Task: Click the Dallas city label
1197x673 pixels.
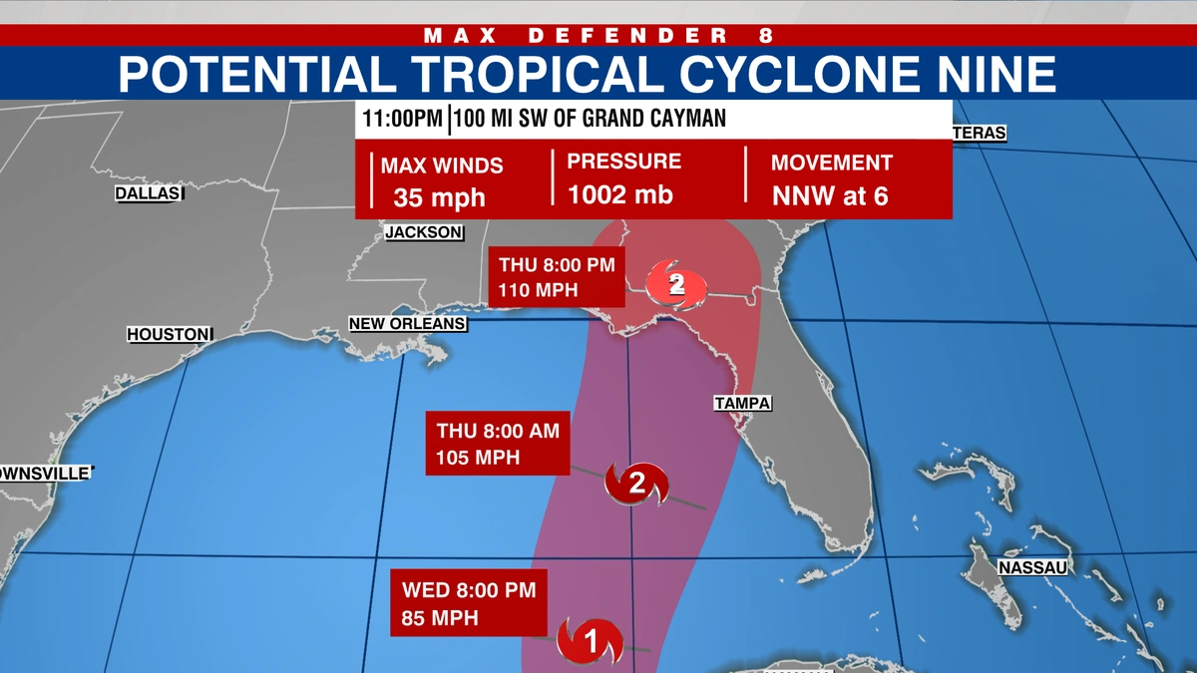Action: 146,193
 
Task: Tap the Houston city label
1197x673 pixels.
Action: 169,335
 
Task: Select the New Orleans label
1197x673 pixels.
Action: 406,324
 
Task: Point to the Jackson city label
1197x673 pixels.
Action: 424,232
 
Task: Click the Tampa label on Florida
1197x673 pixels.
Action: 743,403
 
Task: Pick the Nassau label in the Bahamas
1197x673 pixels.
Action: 1032,567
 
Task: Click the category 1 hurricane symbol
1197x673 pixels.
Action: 590,639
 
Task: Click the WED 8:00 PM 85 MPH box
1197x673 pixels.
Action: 468,603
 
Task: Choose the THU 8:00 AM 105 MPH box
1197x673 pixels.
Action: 497,444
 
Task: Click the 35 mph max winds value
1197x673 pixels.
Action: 439,196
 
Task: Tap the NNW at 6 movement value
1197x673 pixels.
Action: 830,195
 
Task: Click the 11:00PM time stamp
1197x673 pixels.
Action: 402,120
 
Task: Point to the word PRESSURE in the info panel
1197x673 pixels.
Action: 624,162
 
